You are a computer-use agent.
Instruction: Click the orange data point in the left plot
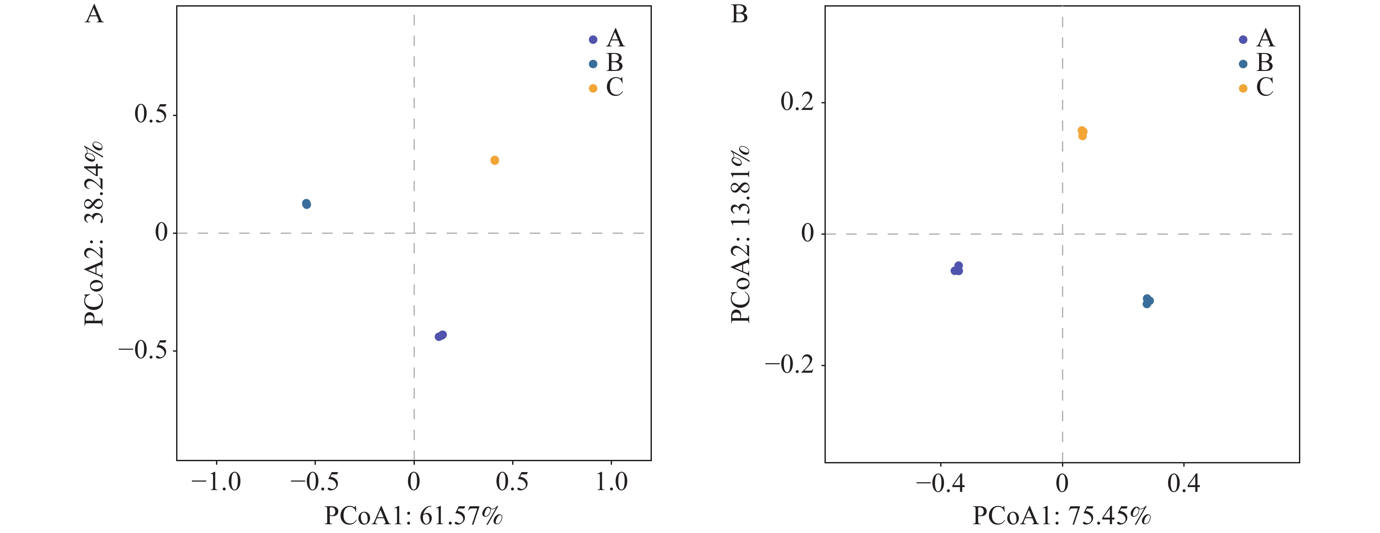coord(495,160)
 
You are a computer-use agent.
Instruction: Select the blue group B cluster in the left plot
coord(306,204)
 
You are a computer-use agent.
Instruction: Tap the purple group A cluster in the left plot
coord(441,336)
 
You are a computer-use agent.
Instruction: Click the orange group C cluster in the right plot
coord(1082,133)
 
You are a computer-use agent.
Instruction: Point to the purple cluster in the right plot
coord(957,269)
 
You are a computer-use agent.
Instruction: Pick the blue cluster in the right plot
coord(1147,301)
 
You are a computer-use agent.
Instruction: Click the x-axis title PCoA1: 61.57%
coord(414,516)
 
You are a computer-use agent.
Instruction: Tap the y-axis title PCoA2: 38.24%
coord(94,233)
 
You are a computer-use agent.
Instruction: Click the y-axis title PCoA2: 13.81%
coord(741,233)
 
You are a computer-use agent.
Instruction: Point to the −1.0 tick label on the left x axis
coord(216,482)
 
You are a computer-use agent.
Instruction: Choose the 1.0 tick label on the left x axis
coord(611,482)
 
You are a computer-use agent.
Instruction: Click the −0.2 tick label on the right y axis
coord(789,365)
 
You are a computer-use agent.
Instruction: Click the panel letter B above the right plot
coord(740,14)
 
